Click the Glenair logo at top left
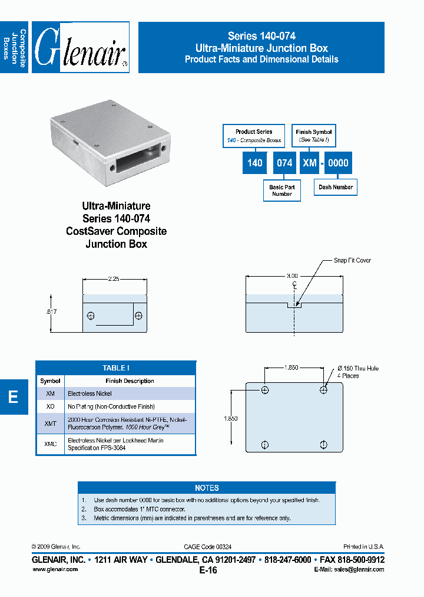pos(80,47)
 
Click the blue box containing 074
pos(284,163)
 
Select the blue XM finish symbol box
pos(310,163)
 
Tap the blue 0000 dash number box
pos(338,163)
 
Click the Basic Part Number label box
pos(282,190)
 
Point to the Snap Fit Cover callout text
pos(352,260)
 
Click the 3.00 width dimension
pos(293,275)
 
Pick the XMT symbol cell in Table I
pos(50,423)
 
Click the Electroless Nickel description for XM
pos(90,393)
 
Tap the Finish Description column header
pos(130,381)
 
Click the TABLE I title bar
pos(115,368)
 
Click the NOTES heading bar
pos(207,488)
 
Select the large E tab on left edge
pos(14,397)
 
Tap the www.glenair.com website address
pos(55,569)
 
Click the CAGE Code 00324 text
pos(208,547)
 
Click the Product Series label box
pos(254,136)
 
